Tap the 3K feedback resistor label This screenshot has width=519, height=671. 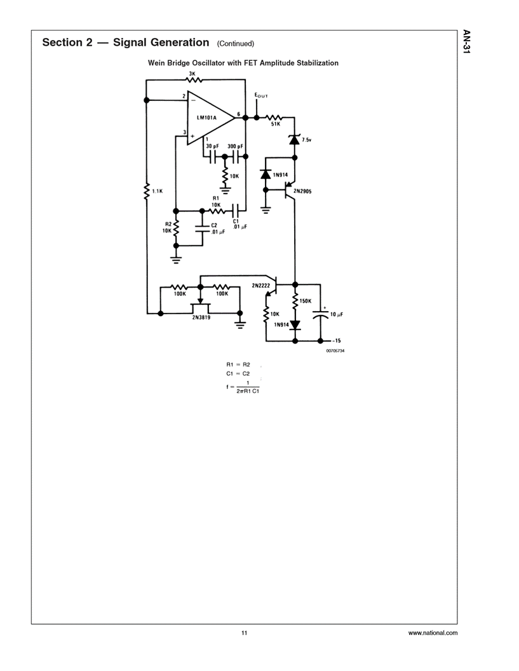pos(191,74)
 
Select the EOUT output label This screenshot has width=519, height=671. pos(261,96)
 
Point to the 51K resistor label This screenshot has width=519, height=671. pos(275,124)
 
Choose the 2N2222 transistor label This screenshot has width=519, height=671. pos(261,286)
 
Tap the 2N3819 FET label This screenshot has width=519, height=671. pos(201,319)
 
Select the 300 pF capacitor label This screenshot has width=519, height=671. pos(236,146)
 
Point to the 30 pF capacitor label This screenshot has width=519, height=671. pos(212,146)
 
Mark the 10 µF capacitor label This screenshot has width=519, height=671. pos(337,314)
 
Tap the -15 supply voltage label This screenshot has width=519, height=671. pos(337,341)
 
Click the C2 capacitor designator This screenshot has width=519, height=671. pos(213,225)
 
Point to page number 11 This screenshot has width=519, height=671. pos(244,633)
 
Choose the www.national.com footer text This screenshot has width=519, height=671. pos(432,633)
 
